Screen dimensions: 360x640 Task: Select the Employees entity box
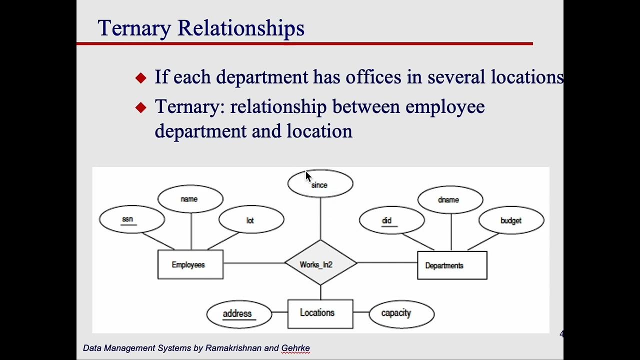click(x=190, y=264)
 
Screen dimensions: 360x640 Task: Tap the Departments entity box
click(x=452, y=265)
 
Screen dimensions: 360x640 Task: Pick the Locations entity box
click(x=320, y=313)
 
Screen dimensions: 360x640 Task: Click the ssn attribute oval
click(x=132, y=219)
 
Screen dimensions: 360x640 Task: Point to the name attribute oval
click(x=190, y=199)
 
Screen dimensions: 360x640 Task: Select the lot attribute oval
click(x=251, y=220)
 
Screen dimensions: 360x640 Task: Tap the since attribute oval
click(x=320, y=184)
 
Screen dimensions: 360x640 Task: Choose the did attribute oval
click(x=391, y=220)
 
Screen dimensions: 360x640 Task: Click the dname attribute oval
click(x=450, y=199)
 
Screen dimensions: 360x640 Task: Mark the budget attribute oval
click(x=511, y=220)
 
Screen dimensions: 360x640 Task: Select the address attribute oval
click(x=238, y=314)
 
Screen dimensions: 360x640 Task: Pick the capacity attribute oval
click(x=401, y=313)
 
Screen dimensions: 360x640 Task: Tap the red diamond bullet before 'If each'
click(x=141, y=77)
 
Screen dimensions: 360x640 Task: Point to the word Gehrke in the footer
click(x=295, y=348)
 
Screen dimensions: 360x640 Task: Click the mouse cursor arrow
click(x=308, y=176)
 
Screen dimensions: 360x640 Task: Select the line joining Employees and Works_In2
click(x=254, y=263)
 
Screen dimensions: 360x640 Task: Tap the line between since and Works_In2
click(x=320, y=218)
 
